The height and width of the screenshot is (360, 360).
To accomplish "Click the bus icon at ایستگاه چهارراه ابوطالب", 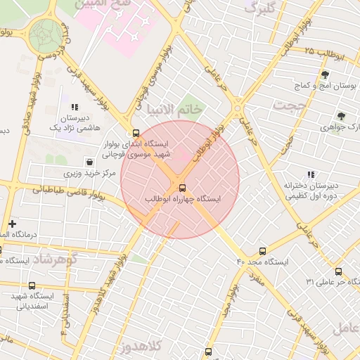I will click(182, 188).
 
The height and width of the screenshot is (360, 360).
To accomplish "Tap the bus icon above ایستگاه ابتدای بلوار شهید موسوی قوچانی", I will click(136, 132).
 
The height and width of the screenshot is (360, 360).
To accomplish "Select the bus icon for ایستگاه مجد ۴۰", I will click(263, 250).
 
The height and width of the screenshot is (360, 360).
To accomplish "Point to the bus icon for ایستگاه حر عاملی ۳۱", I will click(338, 271).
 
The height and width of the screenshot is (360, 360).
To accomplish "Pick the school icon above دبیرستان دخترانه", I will click(310, 174).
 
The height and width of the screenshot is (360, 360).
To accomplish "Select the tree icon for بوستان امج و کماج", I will click(324, 74).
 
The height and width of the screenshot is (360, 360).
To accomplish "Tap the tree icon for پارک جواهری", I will click(341, 116).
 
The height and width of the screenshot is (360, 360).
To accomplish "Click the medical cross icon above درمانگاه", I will click(12, 224).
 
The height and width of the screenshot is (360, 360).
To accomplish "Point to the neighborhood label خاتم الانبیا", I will click(174, 108).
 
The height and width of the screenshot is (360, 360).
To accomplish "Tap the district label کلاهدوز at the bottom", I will click(141, 345).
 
